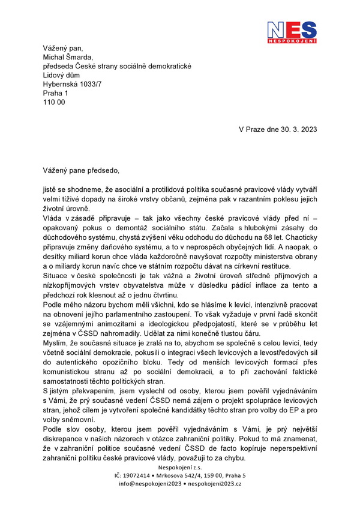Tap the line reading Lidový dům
[x=65, y=75]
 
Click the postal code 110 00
[x=54, y=102]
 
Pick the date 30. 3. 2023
[x=293, y=129]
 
